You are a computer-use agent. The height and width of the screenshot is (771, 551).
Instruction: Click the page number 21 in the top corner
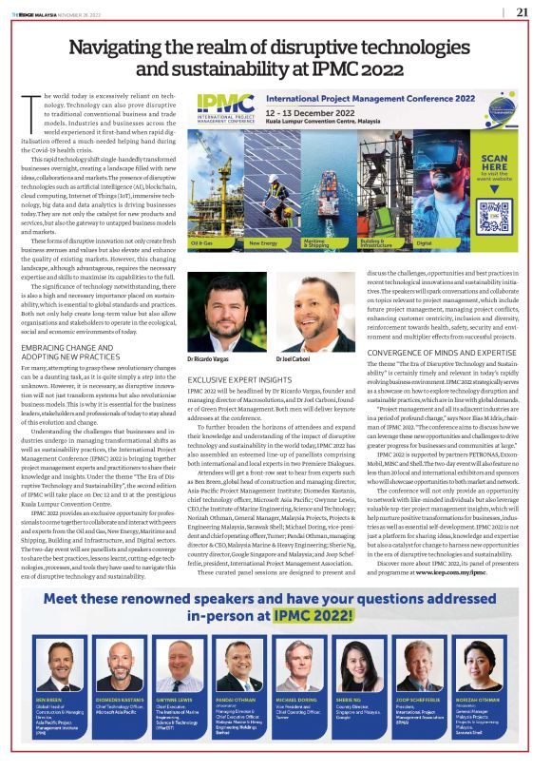[x=522, y=11]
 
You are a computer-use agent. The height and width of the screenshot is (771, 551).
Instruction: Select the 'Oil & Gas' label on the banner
[x=201, y=242]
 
